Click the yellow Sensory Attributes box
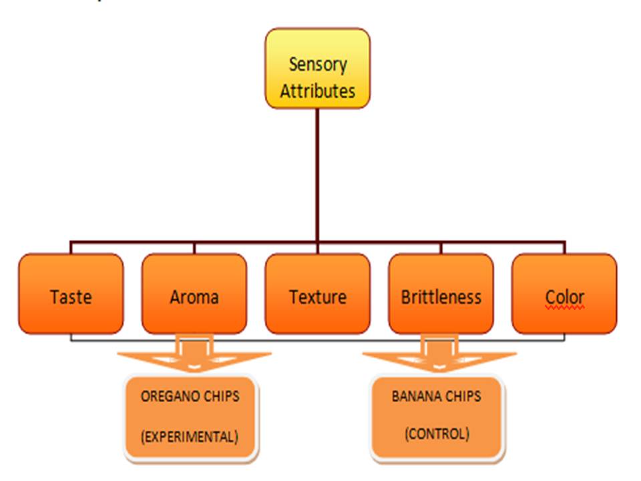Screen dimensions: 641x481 [318, 68]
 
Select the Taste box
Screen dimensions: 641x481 [71, 294]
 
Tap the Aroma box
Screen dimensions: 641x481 [194, 294]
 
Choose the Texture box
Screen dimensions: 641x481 [318, 294]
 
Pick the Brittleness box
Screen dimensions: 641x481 [441, 294]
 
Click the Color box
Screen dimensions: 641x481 [565, 294]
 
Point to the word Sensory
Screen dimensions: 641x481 [318, 65]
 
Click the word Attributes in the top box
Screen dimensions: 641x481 [318, 91]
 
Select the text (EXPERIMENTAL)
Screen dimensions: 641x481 [190, 436]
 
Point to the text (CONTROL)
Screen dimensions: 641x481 [437, 434]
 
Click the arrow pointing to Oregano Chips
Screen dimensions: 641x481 [194, 354]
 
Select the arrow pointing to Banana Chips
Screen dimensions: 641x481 [439, 354]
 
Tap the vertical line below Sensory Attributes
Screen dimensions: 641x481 [318, 175]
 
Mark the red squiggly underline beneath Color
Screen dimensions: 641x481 [565, 307]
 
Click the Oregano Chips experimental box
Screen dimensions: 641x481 [191, 418]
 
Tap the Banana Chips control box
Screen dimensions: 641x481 [437, 418]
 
